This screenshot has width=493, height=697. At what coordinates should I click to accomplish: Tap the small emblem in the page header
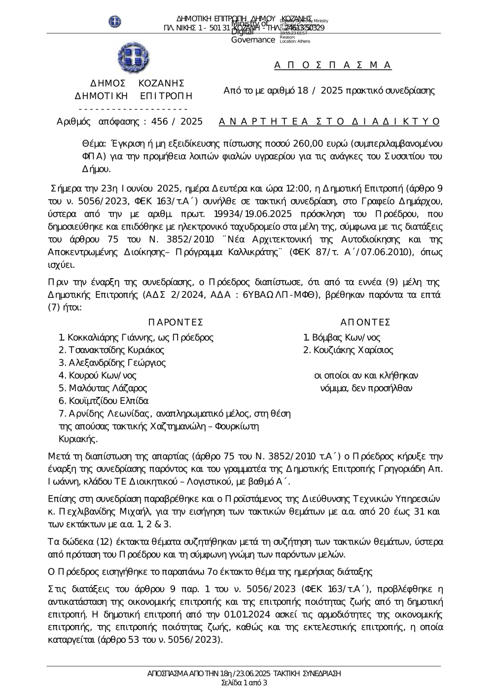point(114,22)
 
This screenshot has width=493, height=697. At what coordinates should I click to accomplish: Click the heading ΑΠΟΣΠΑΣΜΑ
point(333,65)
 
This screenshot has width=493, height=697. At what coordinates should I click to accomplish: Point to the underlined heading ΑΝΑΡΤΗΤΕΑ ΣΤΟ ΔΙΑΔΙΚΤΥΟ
point(329,121)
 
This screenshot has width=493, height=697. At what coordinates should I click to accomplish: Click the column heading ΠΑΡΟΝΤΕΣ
point(176,322)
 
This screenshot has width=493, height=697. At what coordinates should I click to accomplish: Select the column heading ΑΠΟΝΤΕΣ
point(365,322)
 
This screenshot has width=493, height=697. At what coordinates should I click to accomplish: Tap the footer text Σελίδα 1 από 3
point(245,683)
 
